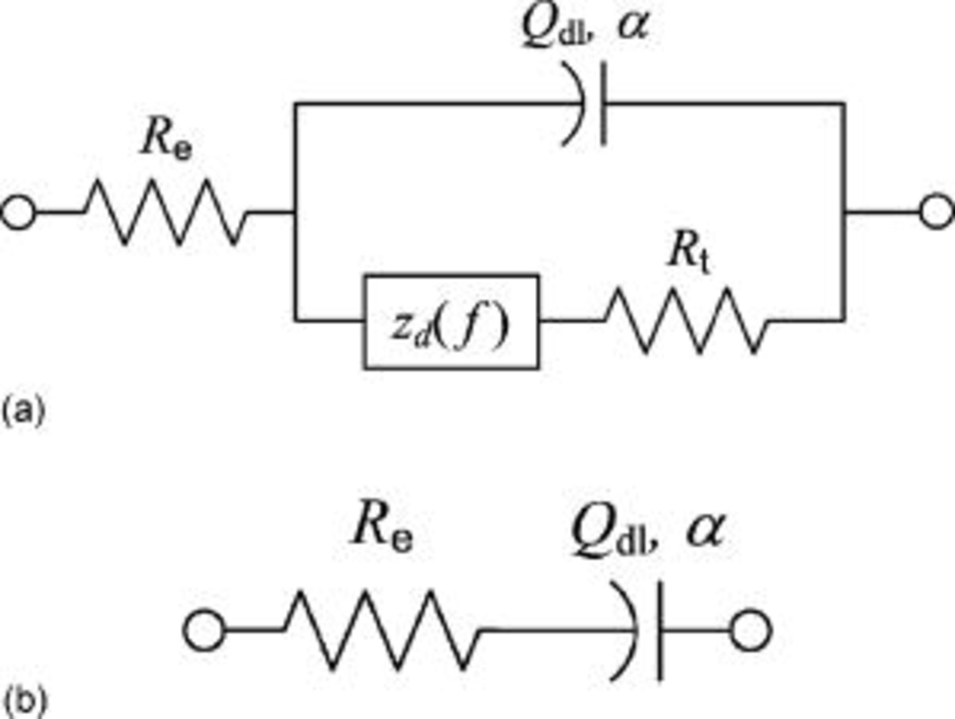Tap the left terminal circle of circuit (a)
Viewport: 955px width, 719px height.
pos(19,212)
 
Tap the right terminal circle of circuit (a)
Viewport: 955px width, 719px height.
pos(937,212)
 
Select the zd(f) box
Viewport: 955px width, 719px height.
pos(452,321)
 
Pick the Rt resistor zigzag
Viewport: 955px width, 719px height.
pos(687,320)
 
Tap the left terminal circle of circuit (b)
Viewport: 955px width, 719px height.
pos(204,630)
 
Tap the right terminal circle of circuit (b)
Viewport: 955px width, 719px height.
pos(750,630)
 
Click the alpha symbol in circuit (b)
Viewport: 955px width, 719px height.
pos(705,531)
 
